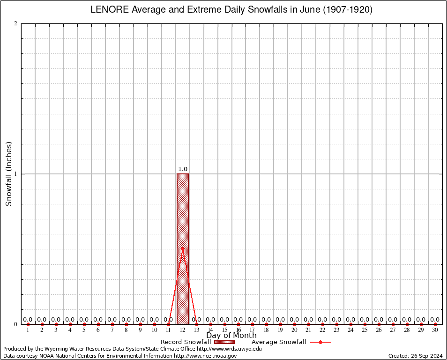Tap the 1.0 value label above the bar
pyautogui.click(x=183, y=169)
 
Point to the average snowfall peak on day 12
pyautogui.click(x=183, y=248)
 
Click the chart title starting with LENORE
pyautogui.click(x=231, y=10)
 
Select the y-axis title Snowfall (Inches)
pyautogui.click(x=8, y=174)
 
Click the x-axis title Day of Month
pyautogui.click(x=231, y=336)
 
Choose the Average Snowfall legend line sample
pyautogui.click(x=320, y=342)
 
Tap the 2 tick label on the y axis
pyautogui.click(x=16, y=24)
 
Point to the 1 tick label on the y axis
pyautogui.click(x=16, y=174)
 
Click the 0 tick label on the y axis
pyautogui.click(x=16, y=324)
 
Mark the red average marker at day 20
pyautogui.click(x=295, y=324)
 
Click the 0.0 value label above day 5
pyautogui.click(x=84, y=320)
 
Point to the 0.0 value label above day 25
pyautogui.click(x=365, y=320)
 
